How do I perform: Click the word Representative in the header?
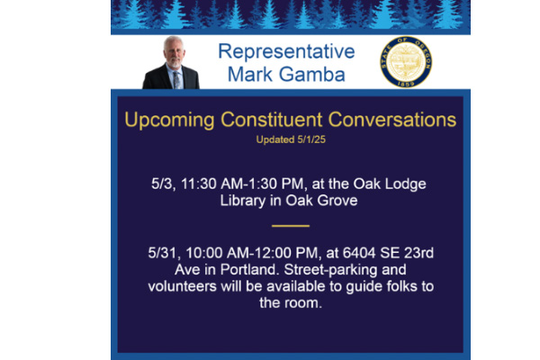286,51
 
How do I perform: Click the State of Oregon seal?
406,62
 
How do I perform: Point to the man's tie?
176,80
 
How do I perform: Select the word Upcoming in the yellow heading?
169,121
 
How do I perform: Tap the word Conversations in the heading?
391,120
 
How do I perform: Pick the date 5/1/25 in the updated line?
311,139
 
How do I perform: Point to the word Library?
243,202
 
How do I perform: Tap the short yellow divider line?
291,226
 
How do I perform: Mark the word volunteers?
182,286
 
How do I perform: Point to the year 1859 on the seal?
406,84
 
